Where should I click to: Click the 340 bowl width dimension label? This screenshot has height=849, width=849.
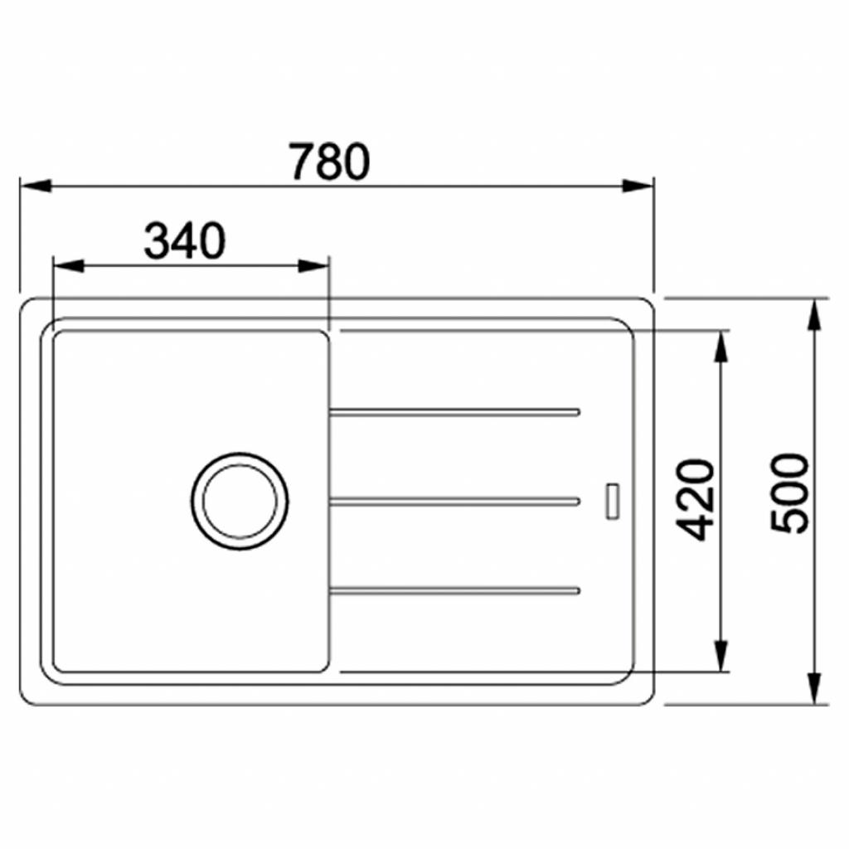(184, 242)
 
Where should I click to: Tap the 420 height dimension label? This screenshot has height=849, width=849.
(696, 499)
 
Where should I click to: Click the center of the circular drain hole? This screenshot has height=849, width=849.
(240, 501)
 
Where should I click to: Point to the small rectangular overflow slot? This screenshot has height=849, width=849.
(613, 500)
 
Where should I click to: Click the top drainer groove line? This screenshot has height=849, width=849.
(454, 411)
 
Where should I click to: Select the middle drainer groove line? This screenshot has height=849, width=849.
(454, 501)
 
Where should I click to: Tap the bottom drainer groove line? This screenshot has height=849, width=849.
(454, 590)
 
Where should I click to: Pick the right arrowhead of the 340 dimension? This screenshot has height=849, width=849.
(314, 266)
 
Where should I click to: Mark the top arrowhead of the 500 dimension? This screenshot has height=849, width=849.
(816, 315)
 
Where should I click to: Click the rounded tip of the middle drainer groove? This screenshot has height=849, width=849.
(575, 501)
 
